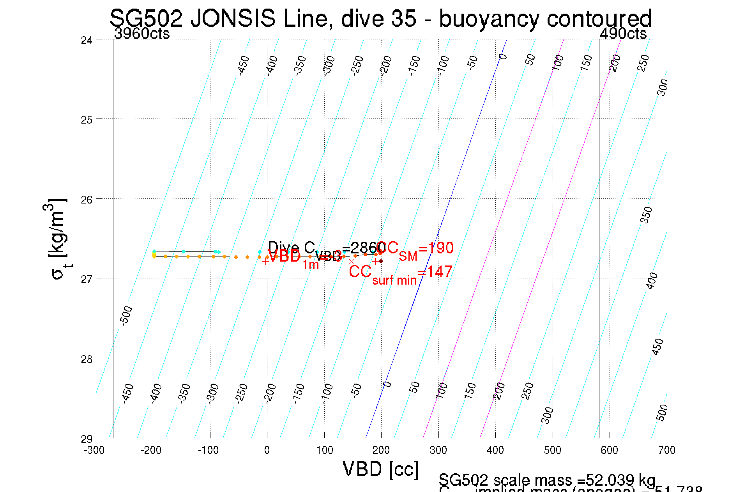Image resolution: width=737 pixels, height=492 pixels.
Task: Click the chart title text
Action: point(380,18)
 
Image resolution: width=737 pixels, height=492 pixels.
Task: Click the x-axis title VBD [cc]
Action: point(380,469)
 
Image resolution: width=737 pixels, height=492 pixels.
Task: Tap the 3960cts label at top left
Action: point(142,34)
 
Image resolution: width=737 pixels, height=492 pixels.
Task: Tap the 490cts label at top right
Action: point(623,34)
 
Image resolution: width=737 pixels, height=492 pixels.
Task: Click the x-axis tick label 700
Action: point(666,450)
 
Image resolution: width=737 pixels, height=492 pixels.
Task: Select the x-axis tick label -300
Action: point(94,450)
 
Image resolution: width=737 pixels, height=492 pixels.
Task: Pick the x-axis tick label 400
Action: point(495,450)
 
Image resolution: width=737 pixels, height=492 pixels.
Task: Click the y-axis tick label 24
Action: point(87,40)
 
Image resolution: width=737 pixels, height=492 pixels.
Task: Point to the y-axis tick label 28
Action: point(87,359)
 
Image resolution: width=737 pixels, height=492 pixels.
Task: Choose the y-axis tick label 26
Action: point(87,199)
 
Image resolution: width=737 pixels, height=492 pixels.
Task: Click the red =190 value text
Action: point(436,248)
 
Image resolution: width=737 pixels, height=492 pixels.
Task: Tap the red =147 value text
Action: point(435,272)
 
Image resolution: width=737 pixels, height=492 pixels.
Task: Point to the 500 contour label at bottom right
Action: point(662,412)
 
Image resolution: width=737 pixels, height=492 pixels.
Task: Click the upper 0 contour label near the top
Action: point(503,57)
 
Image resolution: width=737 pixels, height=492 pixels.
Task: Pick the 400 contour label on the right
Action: point(652,281)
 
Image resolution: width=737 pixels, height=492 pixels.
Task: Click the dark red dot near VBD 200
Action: point(381,261)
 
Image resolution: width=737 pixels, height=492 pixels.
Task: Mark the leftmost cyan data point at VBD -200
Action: point(154,251)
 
